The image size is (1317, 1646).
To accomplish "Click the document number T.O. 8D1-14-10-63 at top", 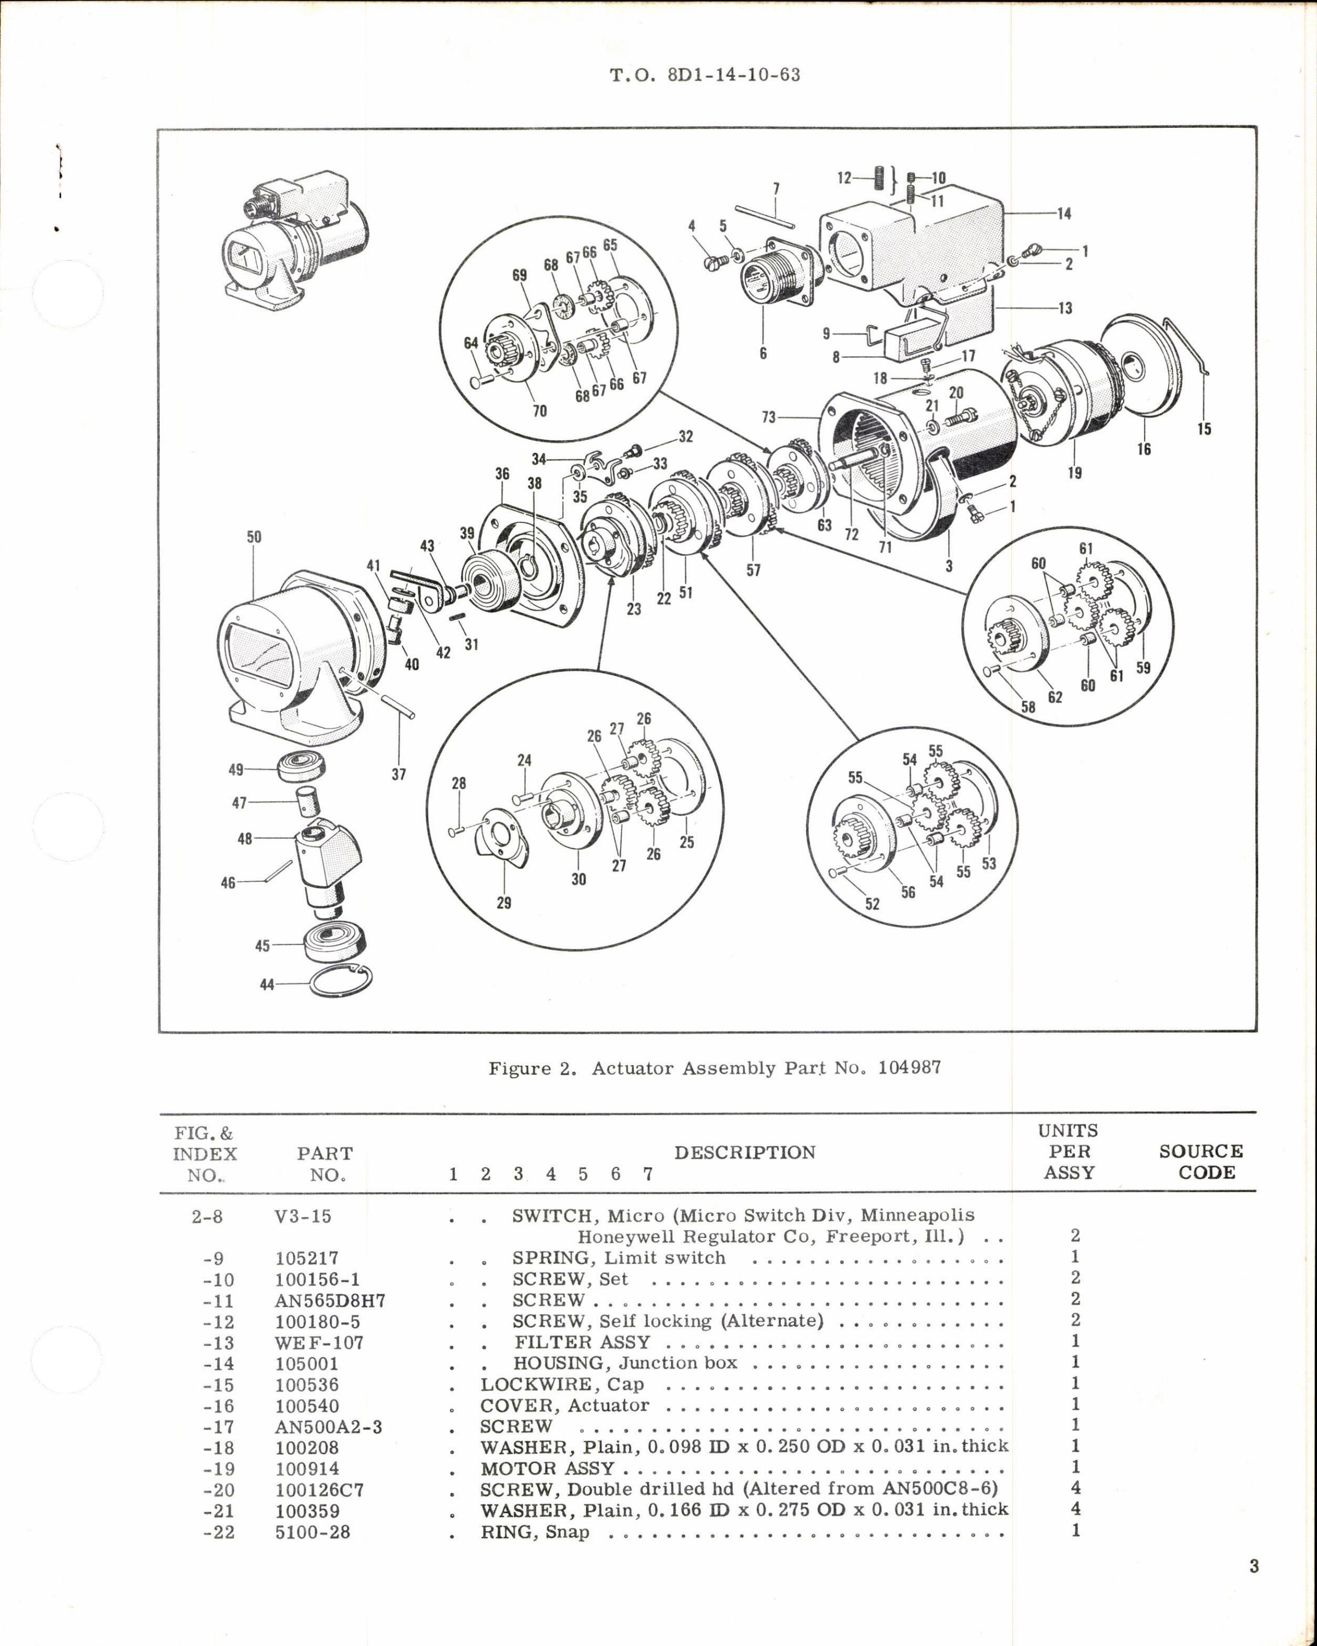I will coord(705,76).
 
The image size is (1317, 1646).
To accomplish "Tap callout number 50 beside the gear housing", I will coord(254,537).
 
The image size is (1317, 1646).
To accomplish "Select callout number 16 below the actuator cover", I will coord(1143,449).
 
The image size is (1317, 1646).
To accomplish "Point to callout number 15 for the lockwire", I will coord(1203,429).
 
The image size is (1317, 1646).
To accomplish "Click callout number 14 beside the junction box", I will coord(1063,214).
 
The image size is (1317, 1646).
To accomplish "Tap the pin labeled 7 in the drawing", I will coord(765,214).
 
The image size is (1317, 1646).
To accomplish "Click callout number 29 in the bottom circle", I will coord(503,903).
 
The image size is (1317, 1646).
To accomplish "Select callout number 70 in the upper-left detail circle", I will coord(539,411).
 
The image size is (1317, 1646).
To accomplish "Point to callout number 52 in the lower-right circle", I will coord(872,904).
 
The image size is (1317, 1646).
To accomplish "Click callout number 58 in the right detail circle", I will coord(1028,707).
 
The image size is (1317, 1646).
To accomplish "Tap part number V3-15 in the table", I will coord(303,1216).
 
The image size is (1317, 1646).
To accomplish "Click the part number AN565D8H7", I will coord(330,1301).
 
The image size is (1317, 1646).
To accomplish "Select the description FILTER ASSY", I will coord(582,1343).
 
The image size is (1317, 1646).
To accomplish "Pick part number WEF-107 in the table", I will coord(319,1343).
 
